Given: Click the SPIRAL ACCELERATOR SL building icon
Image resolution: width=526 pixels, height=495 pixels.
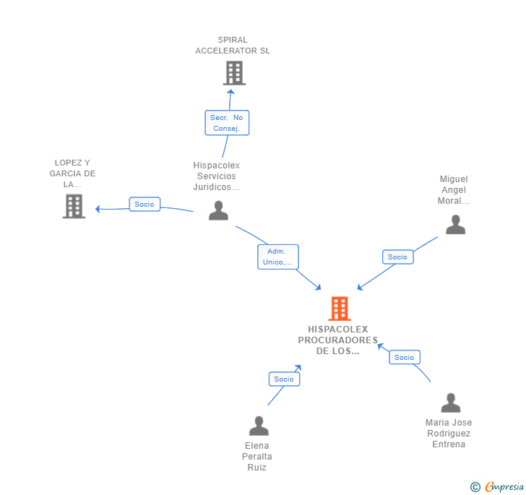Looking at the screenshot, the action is [x=235, y=73].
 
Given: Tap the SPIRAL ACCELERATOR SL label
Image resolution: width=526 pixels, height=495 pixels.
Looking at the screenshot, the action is [x=233, y=46].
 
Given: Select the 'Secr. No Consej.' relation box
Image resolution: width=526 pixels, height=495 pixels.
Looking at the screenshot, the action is [x=227, y=123].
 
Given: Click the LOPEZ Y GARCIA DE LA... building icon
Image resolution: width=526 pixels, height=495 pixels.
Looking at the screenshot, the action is [x=74, y=206].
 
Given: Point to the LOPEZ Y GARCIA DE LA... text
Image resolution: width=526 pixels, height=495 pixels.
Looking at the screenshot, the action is [x=72, y=173].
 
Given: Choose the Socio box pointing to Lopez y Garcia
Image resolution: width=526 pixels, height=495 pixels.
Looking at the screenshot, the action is [x=145, y=204].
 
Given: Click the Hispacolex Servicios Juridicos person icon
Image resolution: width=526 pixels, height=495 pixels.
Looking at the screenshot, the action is [x=218, y=210].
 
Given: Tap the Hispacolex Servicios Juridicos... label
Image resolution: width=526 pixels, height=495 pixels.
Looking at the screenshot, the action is [x=216, y=176].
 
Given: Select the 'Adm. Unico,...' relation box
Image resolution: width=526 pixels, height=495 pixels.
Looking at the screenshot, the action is [x=277, y=257].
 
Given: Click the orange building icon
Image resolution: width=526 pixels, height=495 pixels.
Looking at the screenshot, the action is [x=340, y=309].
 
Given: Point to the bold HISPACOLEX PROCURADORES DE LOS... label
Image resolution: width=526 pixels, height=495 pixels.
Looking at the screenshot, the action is [x=338, y=340].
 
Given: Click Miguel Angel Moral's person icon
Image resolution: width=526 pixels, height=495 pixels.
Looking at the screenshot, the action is [x=455, y=225].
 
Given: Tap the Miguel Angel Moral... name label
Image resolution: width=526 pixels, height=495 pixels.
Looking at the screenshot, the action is [x=454, y=190].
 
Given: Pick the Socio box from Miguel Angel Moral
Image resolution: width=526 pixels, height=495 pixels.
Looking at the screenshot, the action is [x=398, y=257].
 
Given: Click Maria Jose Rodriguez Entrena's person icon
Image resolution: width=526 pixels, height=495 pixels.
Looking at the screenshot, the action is [x=451, y=403].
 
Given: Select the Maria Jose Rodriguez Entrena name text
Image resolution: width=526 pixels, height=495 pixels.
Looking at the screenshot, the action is [x=449, y=434].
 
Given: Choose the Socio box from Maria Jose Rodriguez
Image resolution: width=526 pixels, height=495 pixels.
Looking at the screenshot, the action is [x=404, y=358].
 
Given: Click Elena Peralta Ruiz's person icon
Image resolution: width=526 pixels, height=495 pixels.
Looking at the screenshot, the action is [x=259, y=426].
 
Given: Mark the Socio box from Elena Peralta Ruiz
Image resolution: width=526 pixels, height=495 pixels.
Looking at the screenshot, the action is [x=284, y=379].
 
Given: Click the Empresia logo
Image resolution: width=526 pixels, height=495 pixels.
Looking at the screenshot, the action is [x=497, y=486].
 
